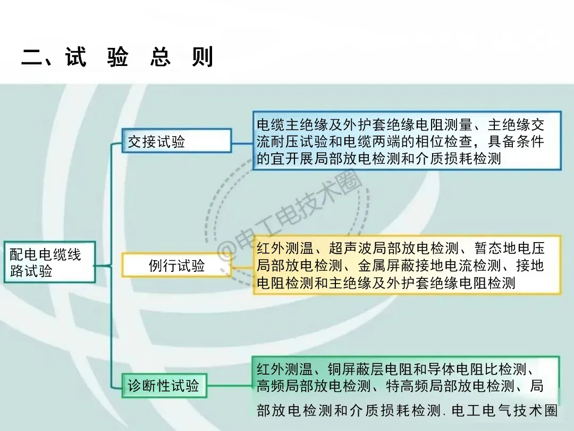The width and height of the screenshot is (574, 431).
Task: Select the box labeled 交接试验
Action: [176, 142]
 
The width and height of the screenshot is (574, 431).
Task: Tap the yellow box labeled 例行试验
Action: [176, 266]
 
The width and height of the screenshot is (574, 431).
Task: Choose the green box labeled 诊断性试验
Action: [163, 385]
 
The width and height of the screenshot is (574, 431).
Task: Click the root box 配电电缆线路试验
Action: [49, 262]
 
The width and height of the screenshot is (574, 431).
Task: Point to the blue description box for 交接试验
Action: [407, 141]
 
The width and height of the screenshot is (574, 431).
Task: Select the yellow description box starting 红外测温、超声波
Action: [407, 265]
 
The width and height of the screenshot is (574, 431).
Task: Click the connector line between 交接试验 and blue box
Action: [242, 142]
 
